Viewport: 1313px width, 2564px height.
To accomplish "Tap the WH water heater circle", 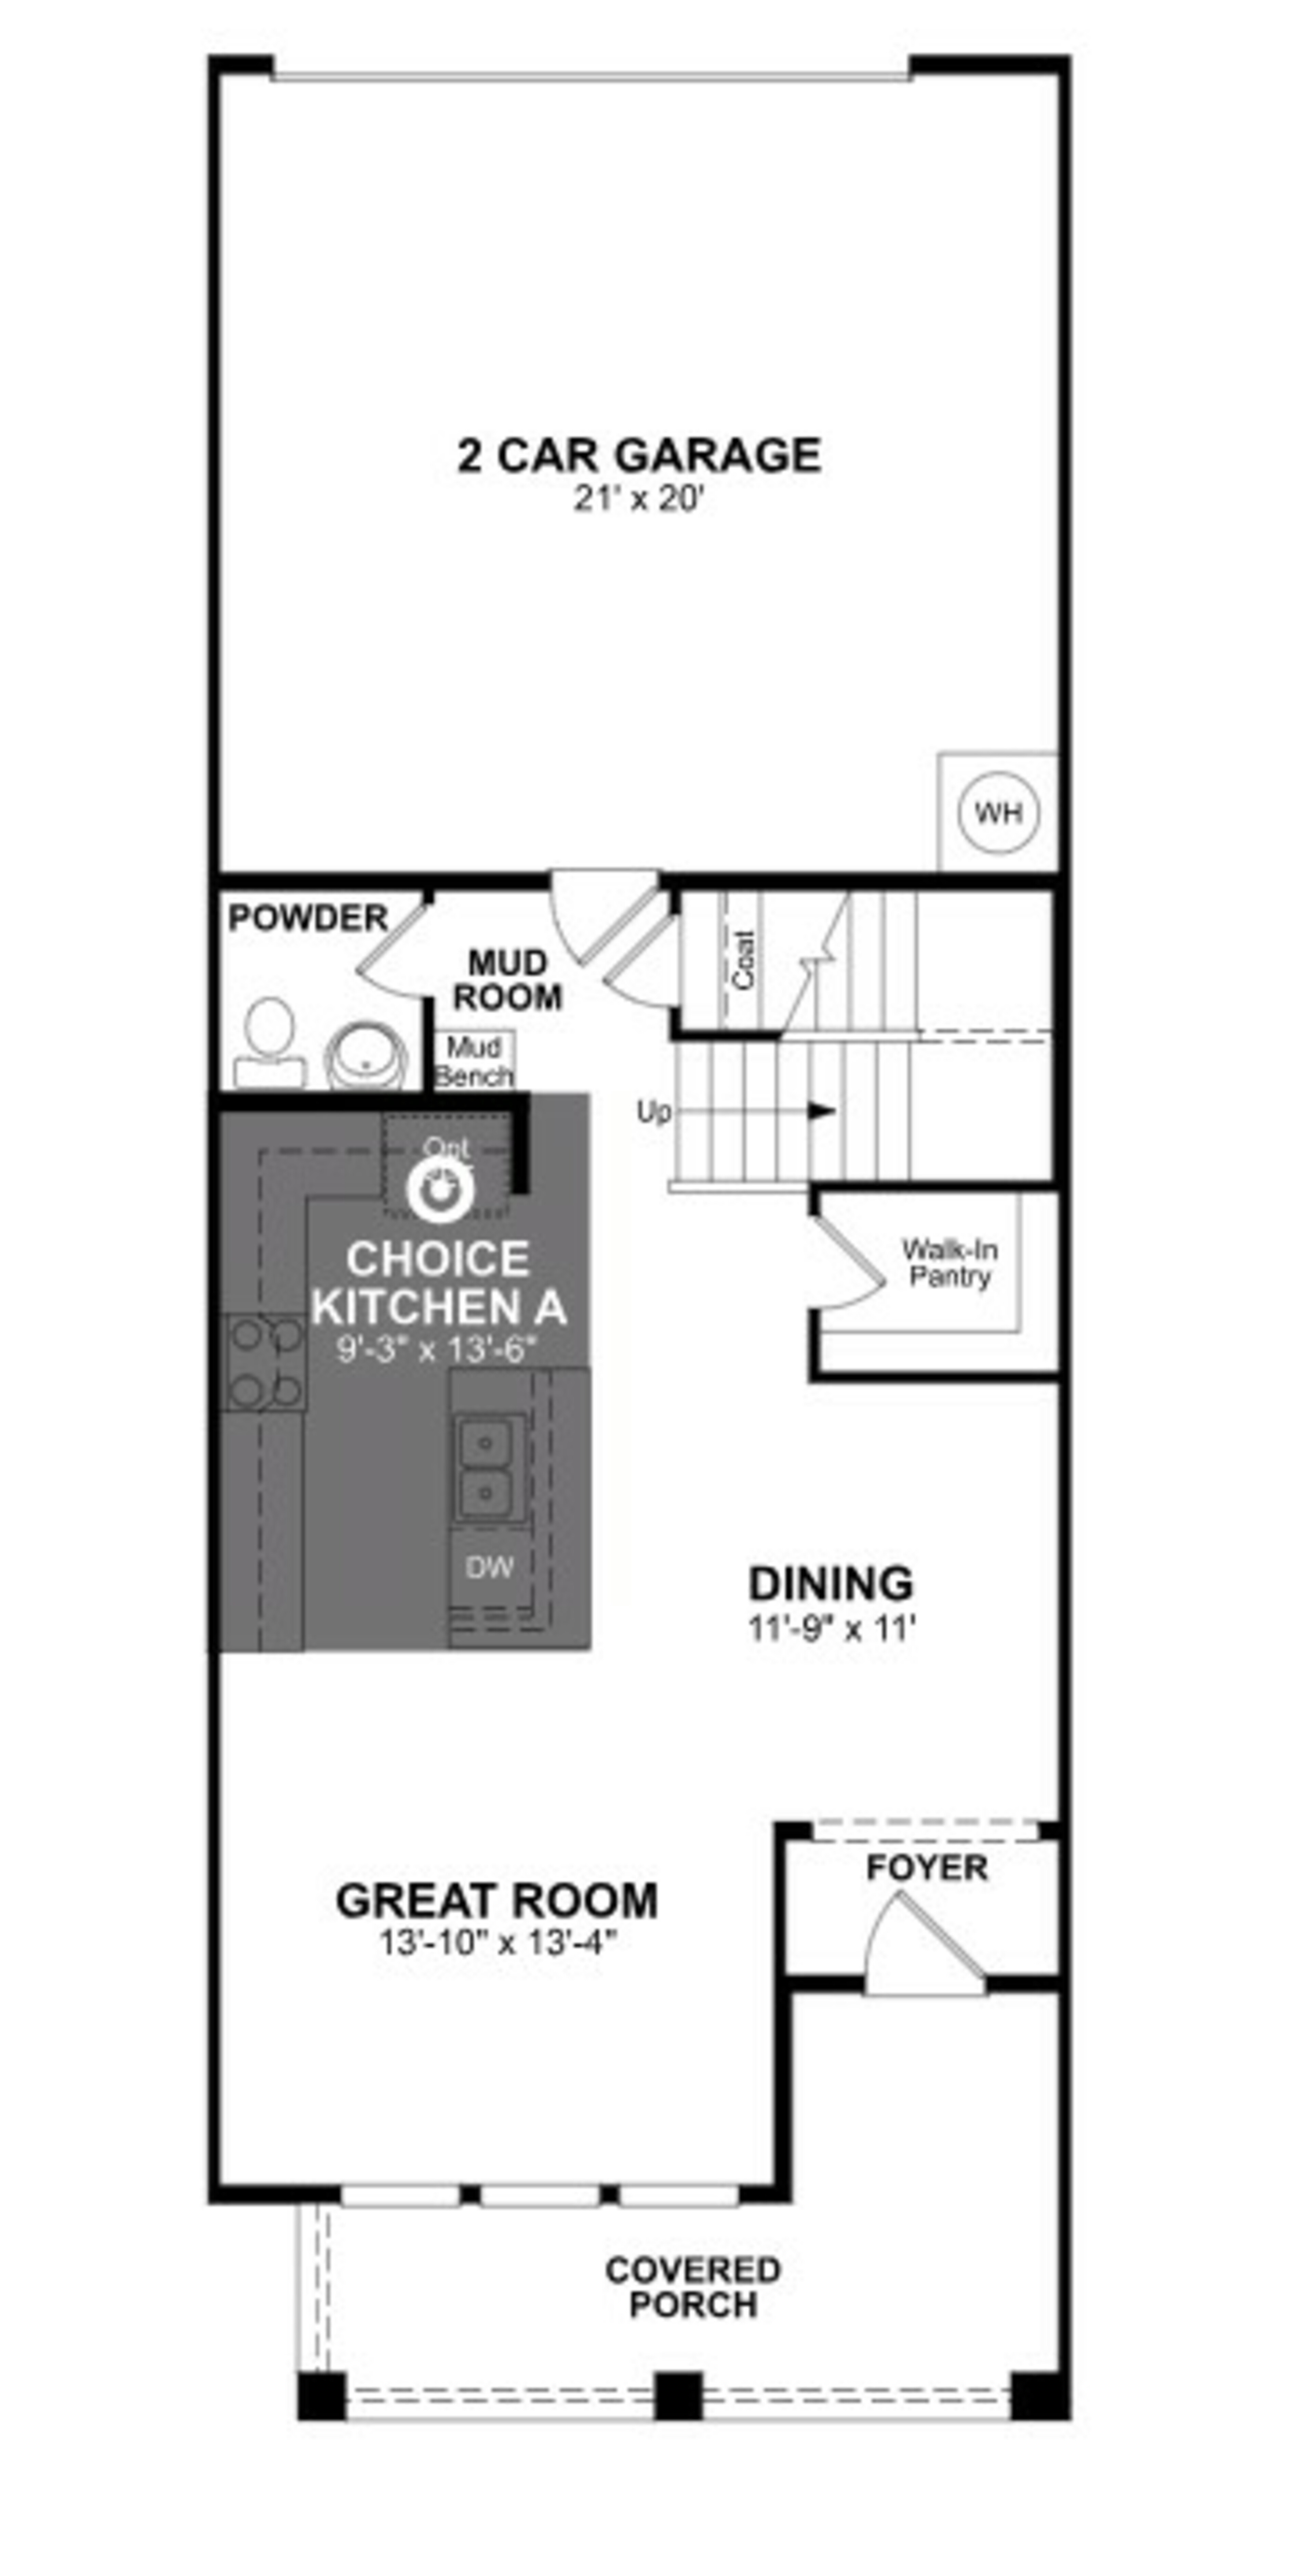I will pos(997,812).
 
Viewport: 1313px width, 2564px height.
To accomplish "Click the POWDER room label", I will pos(308,918).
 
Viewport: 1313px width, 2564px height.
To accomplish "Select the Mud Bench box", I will pos(474,1061).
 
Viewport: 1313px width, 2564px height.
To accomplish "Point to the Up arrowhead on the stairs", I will pos(821,1111).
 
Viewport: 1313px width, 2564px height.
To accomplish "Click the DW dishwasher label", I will pos(490,1568).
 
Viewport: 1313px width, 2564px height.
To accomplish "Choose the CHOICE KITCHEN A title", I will pos(438,1282).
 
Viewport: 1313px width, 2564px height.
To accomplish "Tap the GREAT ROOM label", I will pos(497,1901).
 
